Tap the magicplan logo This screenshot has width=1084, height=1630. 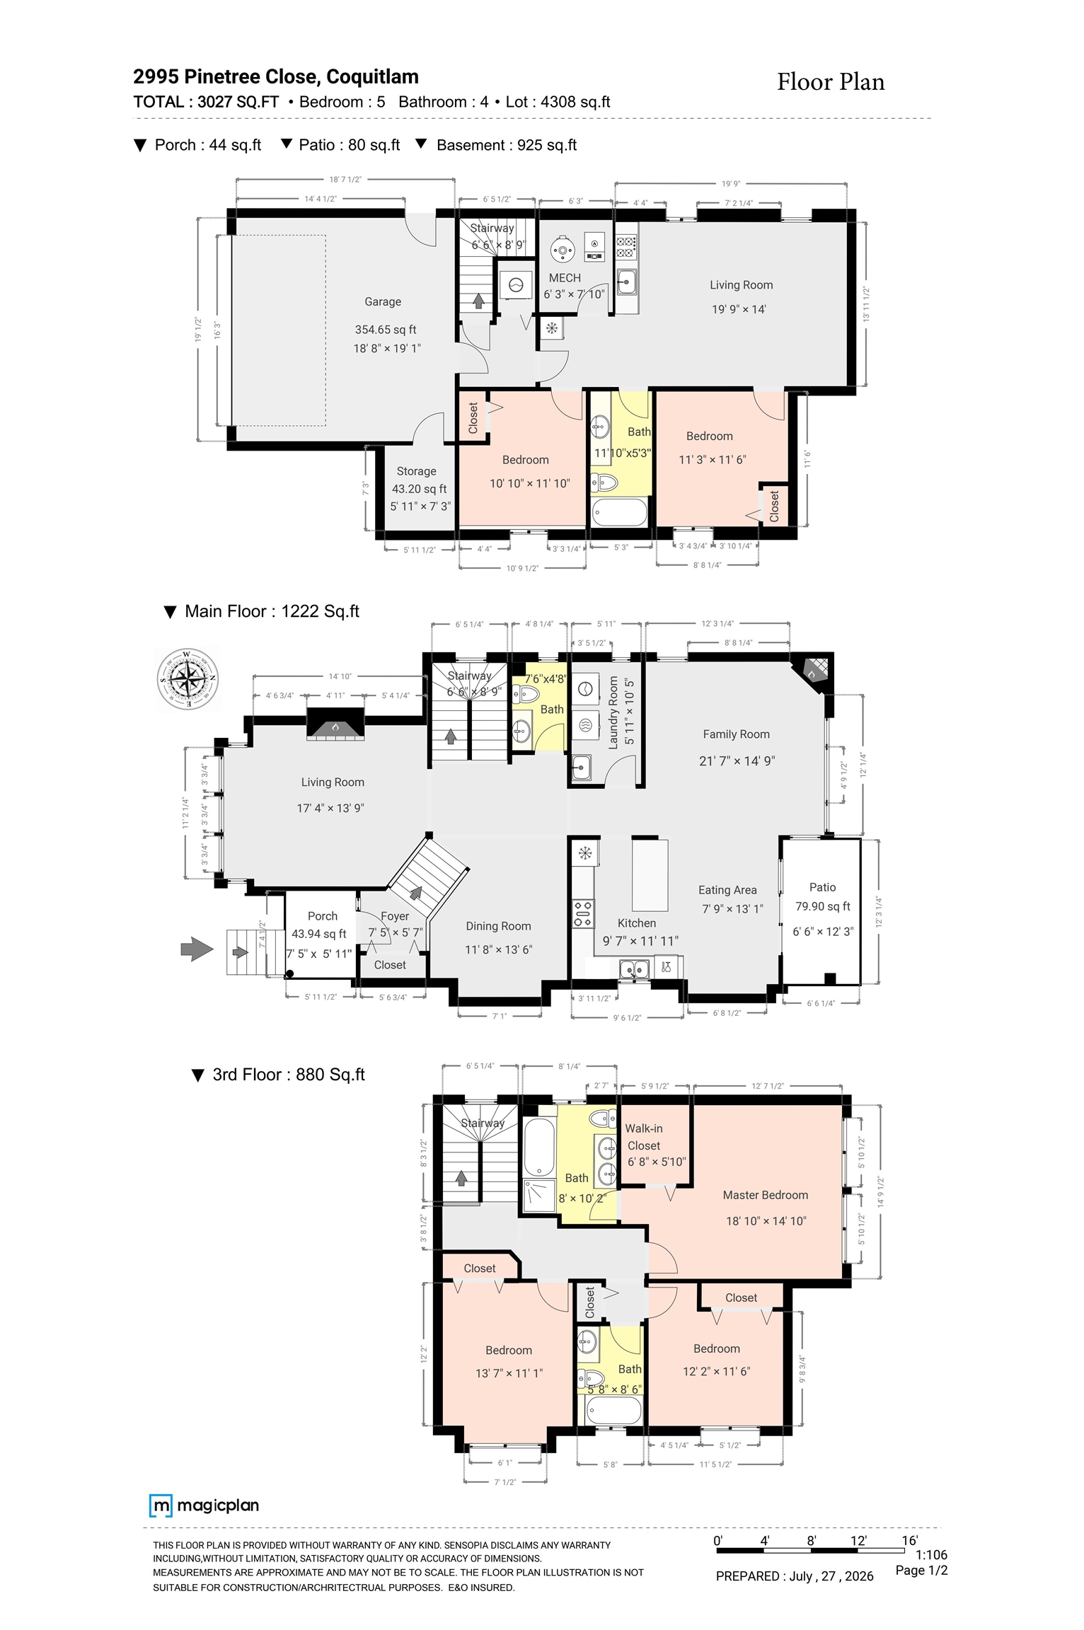204,1505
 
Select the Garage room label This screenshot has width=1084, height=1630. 383,301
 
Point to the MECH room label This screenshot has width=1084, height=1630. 565,278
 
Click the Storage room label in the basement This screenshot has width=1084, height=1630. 416,471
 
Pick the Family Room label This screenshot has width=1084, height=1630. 736,734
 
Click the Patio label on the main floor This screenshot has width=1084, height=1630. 822,887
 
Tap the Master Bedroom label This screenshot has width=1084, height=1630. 765,1195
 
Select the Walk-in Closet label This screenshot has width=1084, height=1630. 644,1137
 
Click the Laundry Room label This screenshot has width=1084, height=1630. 613,712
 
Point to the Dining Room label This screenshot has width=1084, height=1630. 498,926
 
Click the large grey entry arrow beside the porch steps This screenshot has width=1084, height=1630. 197,949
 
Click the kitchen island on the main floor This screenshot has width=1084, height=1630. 650,874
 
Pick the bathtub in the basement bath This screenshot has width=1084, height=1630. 619,512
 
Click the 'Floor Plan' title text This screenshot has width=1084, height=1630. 831,82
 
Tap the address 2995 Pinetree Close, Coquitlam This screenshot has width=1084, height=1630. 276,76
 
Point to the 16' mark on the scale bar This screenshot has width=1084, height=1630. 909,1540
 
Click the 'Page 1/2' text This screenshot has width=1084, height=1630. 921,1570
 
